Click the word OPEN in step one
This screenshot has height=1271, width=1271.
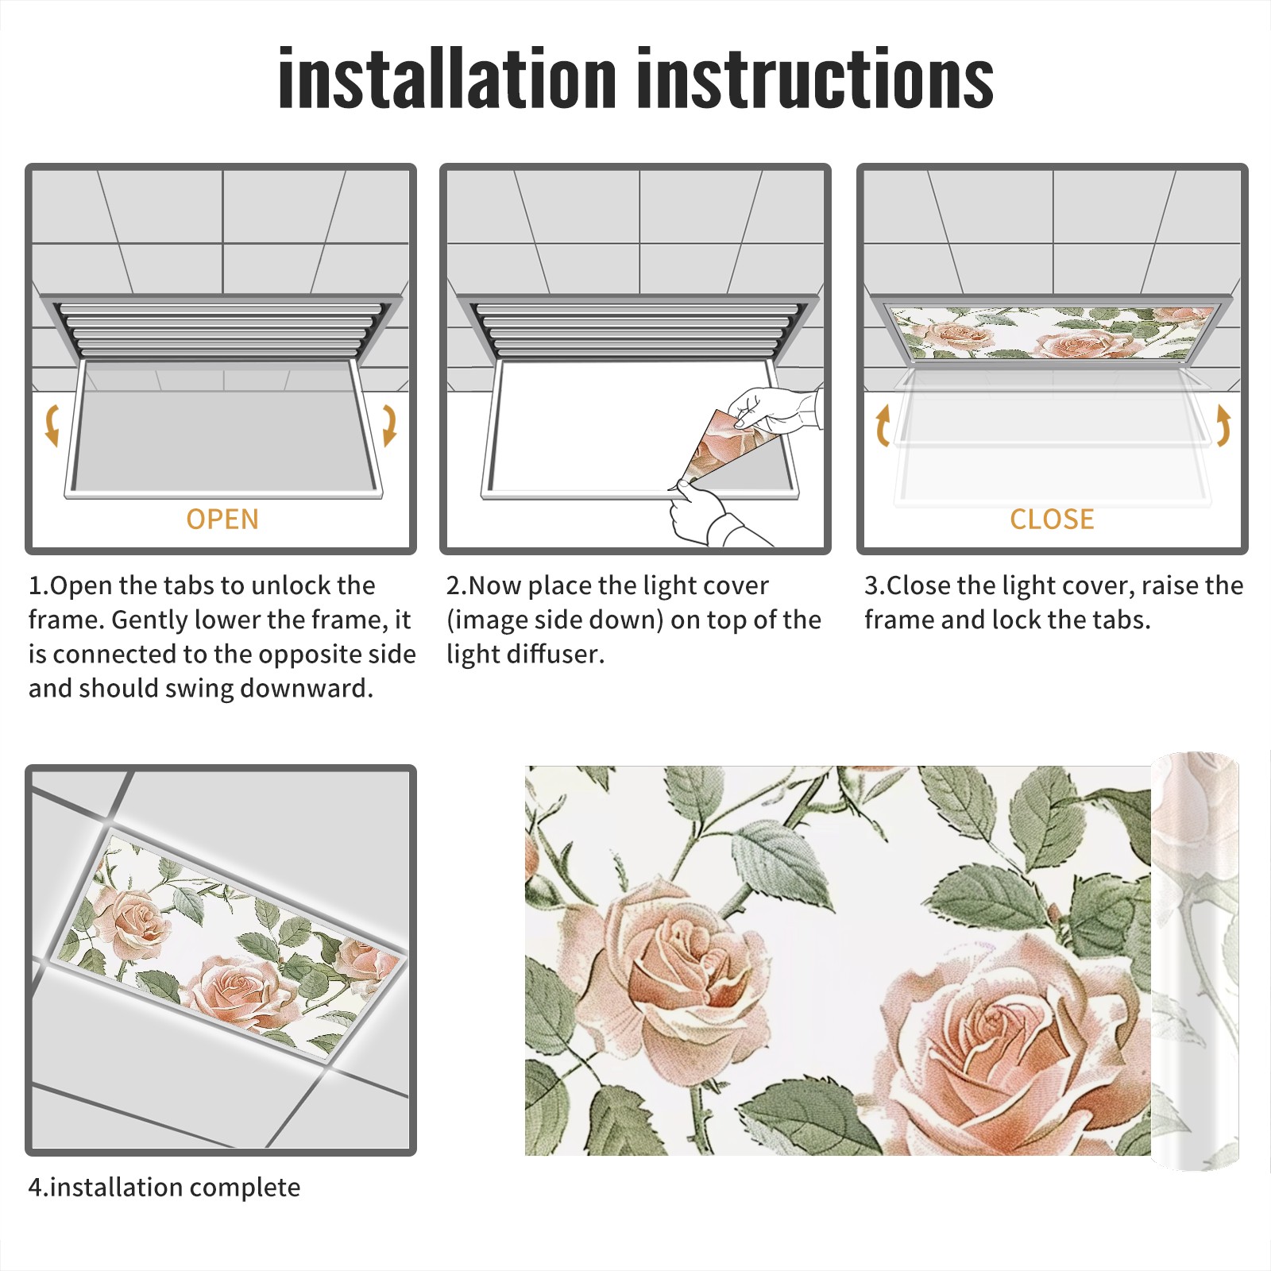[222, 520]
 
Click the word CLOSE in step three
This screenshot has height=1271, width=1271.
[1052, 520]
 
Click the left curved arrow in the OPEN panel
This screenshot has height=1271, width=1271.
[52, 425]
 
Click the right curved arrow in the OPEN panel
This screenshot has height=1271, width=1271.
[389, 425]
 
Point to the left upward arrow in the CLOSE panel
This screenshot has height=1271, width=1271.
[883, 425]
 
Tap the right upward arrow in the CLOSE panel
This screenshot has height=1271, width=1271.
[1223, 425]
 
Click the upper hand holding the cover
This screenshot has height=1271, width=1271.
[775, 409]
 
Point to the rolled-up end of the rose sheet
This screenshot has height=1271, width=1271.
[1196, 961]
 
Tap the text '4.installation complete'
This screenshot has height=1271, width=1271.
[164, 1188]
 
